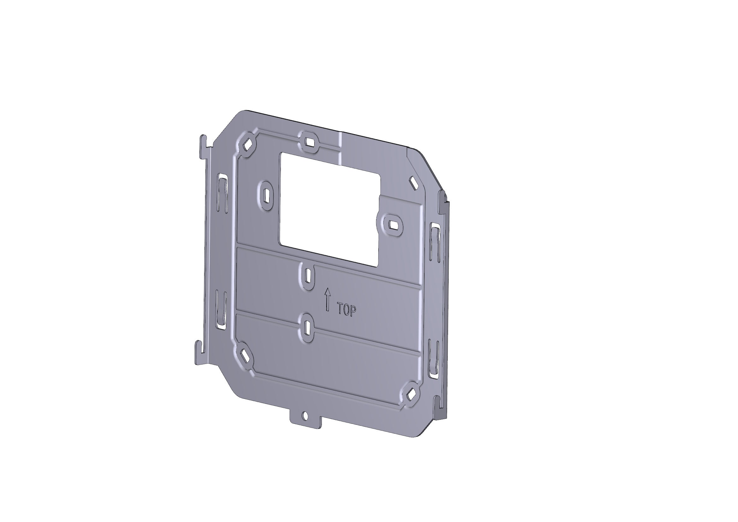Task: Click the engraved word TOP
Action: pos(347,310)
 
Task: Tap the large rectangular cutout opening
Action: pos(329,209)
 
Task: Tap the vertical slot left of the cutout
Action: pos(267,195)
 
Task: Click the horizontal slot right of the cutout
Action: pos(392,224)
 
